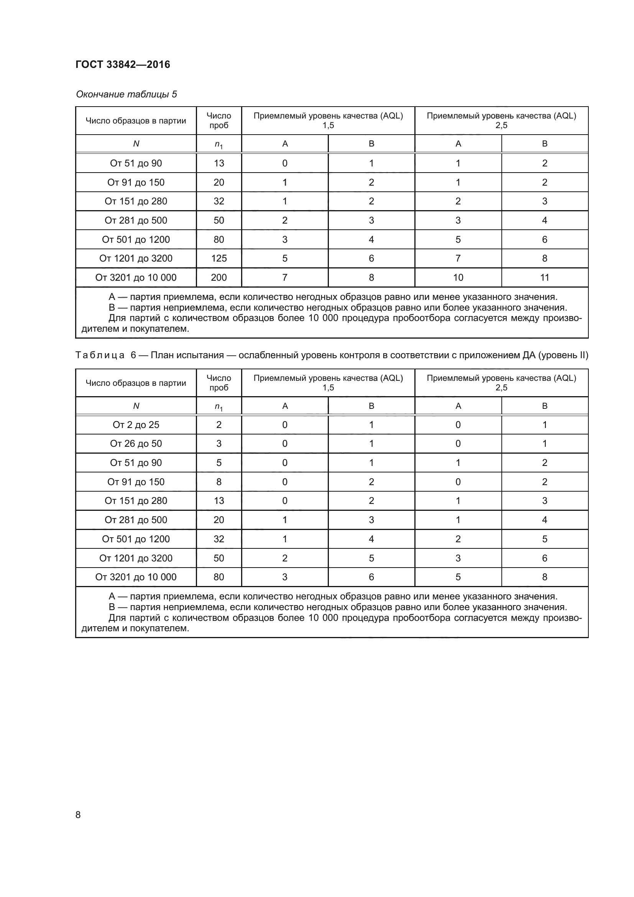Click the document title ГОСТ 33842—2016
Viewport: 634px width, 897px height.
coord(123,64)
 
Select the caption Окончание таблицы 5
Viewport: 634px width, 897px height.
coord(126,94)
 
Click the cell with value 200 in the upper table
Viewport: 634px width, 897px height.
coord(218,277)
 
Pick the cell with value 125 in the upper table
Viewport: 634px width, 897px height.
coord(218,258)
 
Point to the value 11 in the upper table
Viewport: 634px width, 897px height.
coord(544,277)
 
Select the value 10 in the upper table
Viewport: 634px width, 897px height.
coord(458,277)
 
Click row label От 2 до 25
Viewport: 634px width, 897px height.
coord(136,425)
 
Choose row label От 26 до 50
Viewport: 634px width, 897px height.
coord(136,443)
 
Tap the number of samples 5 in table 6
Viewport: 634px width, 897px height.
coord(218,462)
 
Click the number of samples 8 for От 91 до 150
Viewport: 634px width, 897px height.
coord(218,482)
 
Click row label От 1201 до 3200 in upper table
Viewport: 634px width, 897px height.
coord(136,258)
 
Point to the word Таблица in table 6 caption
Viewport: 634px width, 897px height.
coord(100,355)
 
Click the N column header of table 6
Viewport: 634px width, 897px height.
coord(136,406)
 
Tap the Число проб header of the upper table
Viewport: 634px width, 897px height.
coord(218,120)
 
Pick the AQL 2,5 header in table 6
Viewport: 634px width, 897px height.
coord(501,382)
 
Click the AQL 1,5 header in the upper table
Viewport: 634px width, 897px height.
coord(328,120)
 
